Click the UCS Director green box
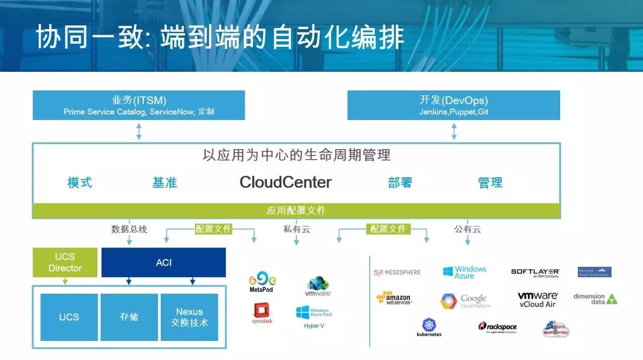[65, 263]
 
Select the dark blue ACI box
[164, 262]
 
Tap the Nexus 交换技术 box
[189, 317]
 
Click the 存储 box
[129, 317]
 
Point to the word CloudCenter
[285, 182]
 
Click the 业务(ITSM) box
[139, 105]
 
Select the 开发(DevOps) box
[454, 105]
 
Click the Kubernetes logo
[429, 327]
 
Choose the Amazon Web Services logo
[394, 298]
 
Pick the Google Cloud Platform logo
[465, 301]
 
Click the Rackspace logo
[497, 328]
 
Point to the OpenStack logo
[262, 312]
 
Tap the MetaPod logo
[262, 282]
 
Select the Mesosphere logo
[397, 273]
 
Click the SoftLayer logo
[535, 273]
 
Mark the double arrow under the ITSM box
[139, 131]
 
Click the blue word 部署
[400, 183]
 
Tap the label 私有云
[296, 229]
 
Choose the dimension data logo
[595, 299]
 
